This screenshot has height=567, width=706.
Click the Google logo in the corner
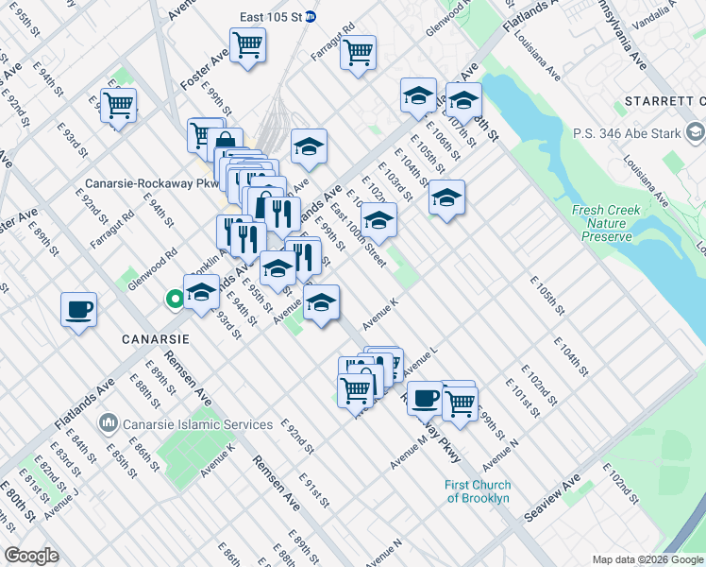coord(31,556)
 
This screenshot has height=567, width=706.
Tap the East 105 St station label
coord(271,17)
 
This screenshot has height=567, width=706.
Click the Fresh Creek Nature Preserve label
coord(601,223)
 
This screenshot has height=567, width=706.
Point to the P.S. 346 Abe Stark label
coord(626,133)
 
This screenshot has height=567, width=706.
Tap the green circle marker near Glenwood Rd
coord(175,301)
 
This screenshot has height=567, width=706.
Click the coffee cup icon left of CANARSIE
coord(78,310)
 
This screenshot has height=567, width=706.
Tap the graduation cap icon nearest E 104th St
coord(446,198)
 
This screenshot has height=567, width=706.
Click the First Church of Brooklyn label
coord(478,491)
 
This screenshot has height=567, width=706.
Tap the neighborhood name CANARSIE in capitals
coord(154,338)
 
